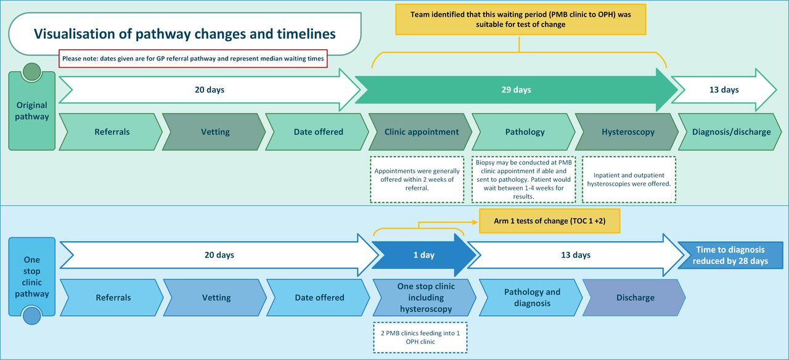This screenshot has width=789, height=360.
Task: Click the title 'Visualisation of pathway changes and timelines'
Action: tap(184, 34)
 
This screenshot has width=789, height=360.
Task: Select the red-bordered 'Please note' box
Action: tap(194, 59)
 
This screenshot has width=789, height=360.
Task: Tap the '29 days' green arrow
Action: tap(516, 90)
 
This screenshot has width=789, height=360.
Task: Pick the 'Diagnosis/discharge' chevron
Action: tap(730, 132)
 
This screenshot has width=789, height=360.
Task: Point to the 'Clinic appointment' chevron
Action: tap(421, 132)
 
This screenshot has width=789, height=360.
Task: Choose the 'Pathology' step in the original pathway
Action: tap(524, 132)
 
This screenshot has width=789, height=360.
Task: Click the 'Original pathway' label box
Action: tap(31, 111)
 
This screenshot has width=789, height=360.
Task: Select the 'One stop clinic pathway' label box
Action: tap(31, 277)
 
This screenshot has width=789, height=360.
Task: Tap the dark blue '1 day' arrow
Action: tap(423, 255)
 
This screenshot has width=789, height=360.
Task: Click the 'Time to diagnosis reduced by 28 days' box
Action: tap(730, 255)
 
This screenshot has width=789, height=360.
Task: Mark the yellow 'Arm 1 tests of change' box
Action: tap(549, 221)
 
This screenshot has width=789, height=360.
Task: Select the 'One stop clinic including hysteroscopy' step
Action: tap(425, 298)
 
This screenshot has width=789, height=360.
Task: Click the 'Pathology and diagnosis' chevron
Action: tap(531, 298)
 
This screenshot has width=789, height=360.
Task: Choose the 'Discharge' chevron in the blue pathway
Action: tap(635, 298)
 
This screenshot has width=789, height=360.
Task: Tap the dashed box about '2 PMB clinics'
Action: tap(419, 337)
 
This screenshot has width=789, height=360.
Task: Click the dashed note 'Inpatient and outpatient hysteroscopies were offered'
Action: tap(628, 179)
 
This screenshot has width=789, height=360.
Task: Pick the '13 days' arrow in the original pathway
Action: tap(724, 90)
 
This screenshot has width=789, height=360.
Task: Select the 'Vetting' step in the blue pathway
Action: tap(216, 298)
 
